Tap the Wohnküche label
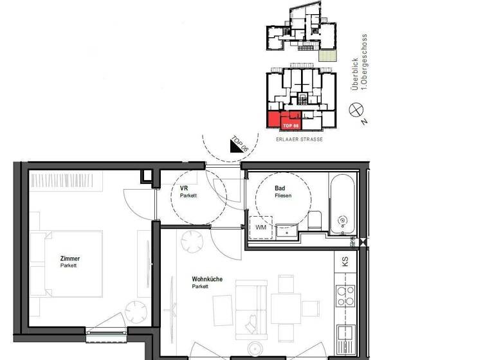(207, 280)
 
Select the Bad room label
(280, 188)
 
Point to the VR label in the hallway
(184, 188)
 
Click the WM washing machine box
(261, 228)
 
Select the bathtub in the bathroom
(342, 204)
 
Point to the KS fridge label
(345, 262)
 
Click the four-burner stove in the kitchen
(346, 295)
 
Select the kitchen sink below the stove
(345, 333)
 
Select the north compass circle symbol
(354, 110)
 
